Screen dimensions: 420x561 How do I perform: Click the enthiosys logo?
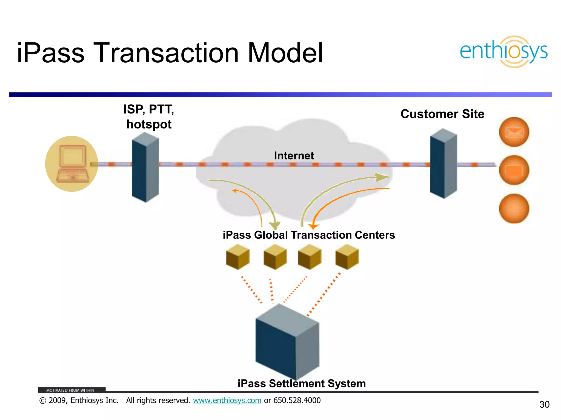[x=503, y=52]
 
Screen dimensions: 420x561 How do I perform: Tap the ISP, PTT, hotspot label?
[x=149, y=117]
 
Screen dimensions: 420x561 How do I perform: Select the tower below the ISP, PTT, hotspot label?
[x=145, y=167]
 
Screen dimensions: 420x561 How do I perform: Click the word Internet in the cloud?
[x=294, y=156]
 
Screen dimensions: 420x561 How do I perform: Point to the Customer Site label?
[x=442, y=114]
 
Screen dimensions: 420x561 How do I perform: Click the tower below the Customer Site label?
[x=443, y=164]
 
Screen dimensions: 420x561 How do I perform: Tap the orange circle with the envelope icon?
[x=514, y=132]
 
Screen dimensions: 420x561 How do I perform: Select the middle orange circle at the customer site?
[x=514, y=170]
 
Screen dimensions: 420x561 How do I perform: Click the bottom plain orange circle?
[x=514, y=209]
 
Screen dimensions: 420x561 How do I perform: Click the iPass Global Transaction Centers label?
[x=309, y=235]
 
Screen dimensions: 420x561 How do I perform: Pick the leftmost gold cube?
[x=238, y=257]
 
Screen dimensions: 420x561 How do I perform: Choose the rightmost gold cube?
[x=347, y=257]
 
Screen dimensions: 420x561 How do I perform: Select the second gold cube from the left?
[x=275, y=257]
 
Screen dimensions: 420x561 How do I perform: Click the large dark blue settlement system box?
[x=287, y=342]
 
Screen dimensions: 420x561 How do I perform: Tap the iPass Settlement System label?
[x=302, y=383]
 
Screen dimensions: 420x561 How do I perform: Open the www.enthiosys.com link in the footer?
[x=227, y=400]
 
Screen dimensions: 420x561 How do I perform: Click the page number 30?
[x=544, y=404]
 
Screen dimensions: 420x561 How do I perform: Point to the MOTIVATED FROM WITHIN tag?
[x=70, y=390]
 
